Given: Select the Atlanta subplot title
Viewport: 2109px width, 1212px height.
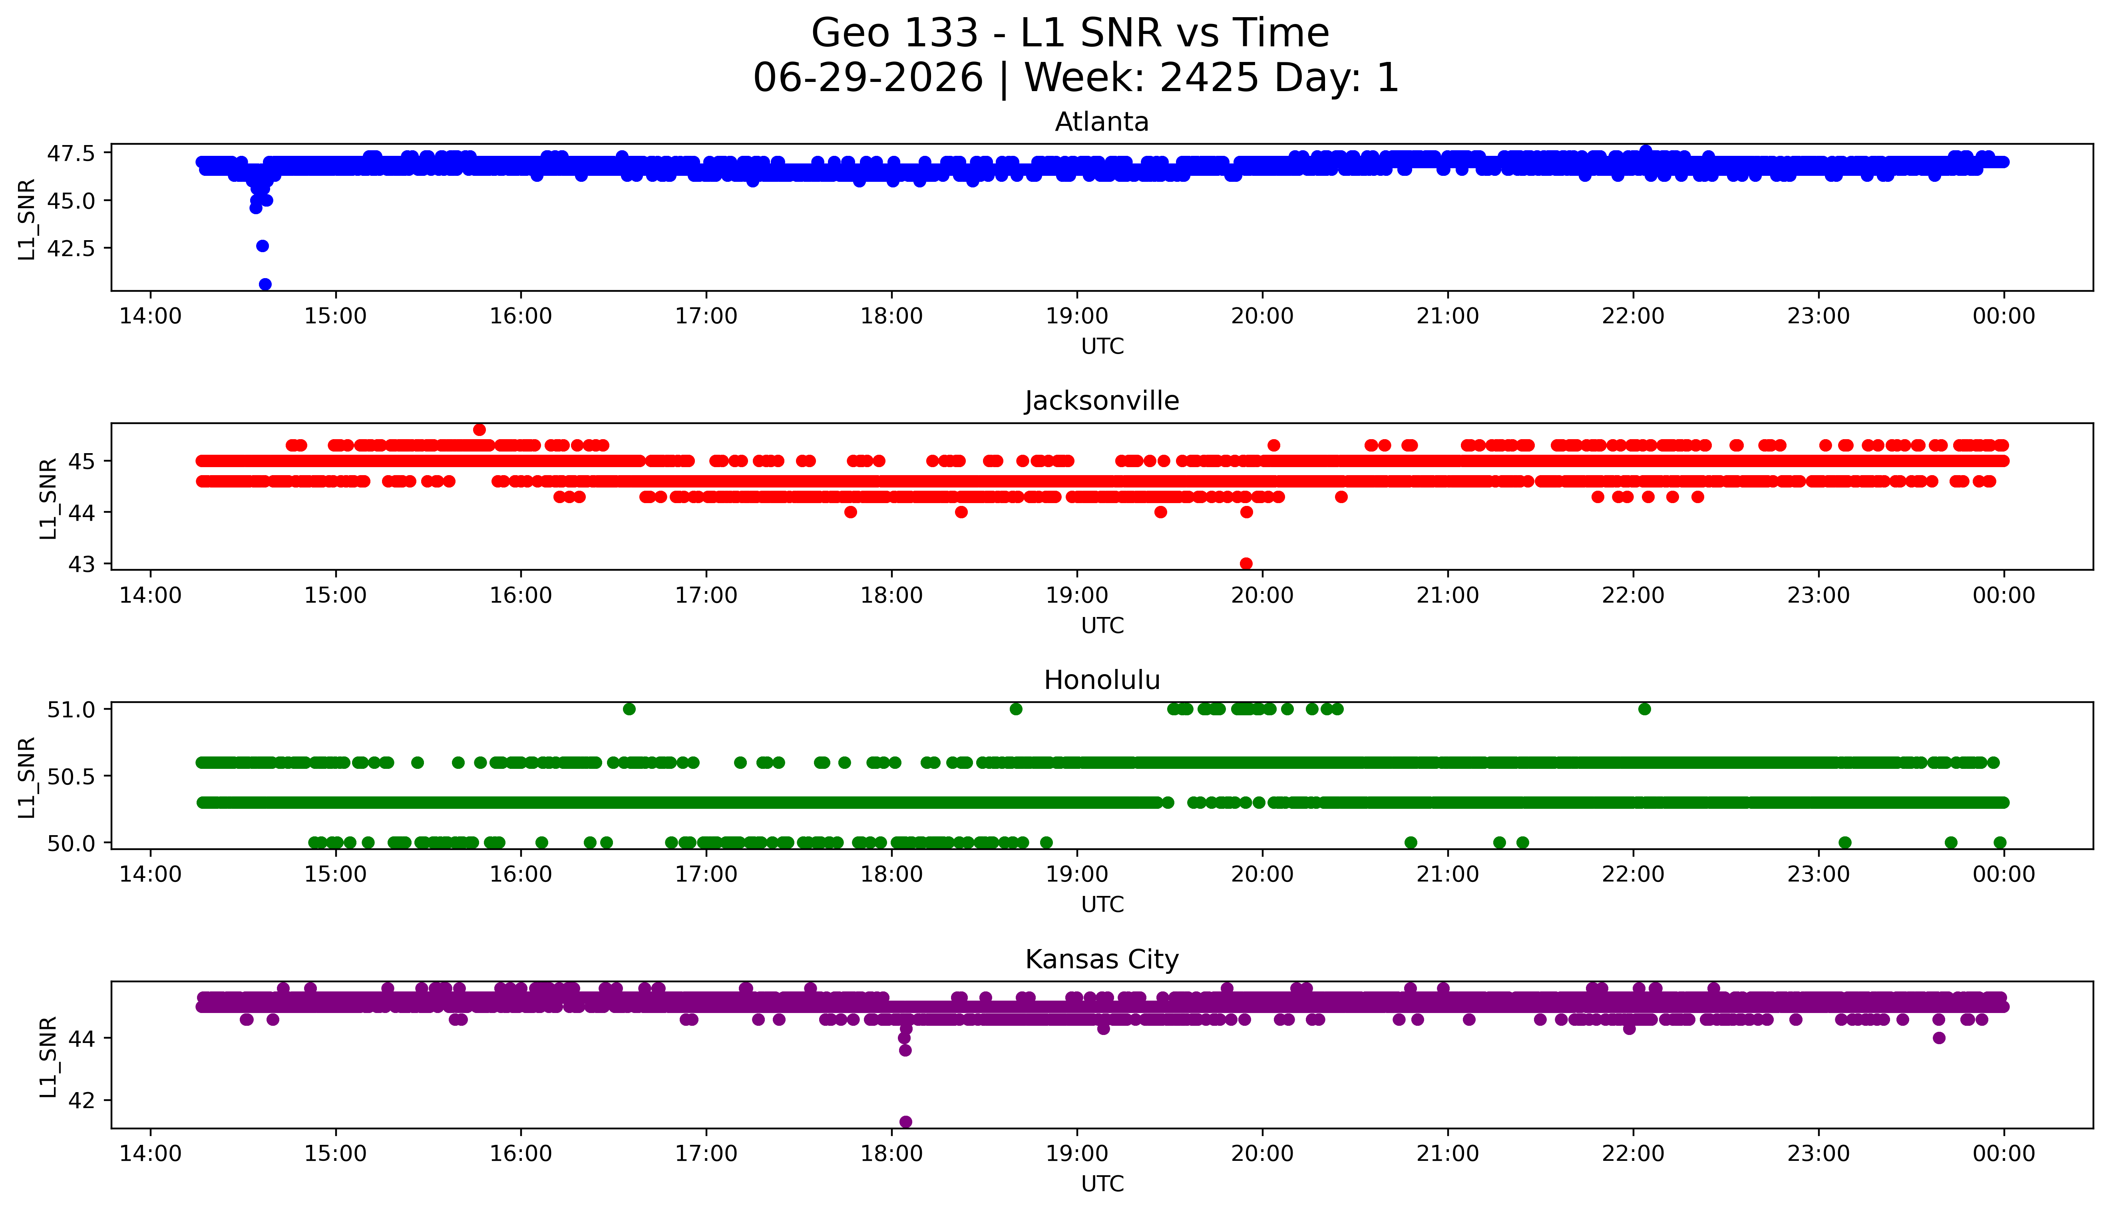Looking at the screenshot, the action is coord(1102,122).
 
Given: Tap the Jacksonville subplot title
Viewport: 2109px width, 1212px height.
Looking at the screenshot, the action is coord(1102,401).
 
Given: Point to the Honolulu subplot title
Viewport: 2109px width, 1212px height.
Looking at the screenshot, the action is coord(1102,680).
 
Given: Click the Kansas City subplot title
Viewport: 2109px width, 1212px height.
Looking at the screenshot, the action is coord(1102,960).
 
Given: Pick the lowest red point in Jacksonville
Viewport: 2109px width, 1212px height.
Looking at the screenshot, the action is coord(1246,563).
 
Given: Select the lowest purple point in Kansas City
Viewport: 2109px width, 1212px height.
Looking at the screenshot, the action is coord(905,1122).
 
